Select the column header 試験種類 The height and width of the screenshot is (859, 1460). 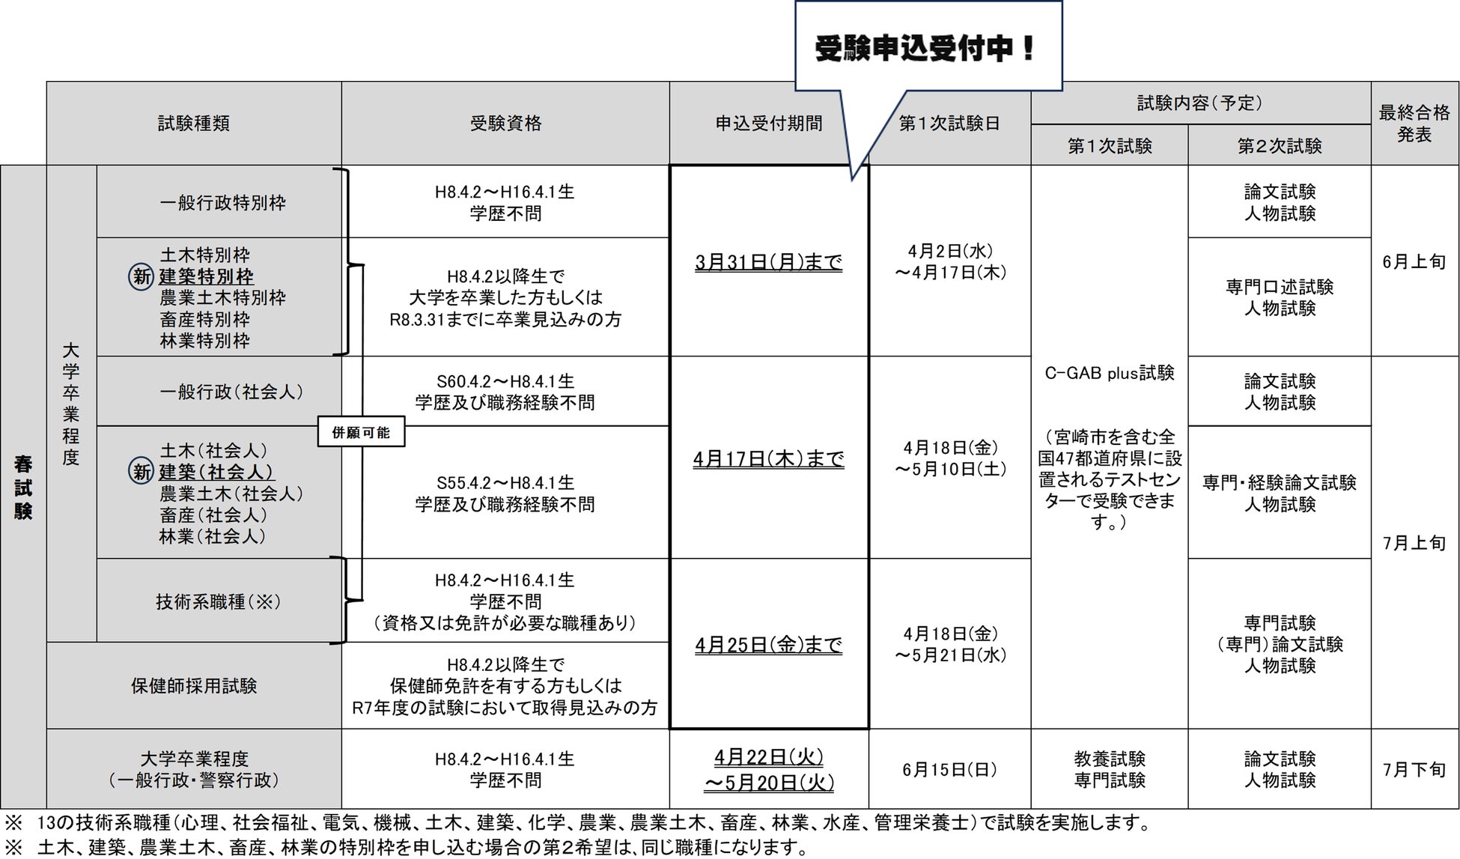coord(193,124)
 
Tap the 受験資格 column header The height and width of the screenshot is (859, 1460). coord(505,124)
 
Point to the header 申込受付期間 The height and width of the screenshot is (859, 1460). coord(768,124)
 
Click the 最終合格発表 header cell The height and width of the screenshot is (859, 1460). coord(1414,124)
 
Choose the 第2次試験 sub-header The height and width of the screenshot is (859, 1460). coord(1279,146)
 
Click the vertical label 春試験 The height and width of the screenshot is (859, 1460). coord(23,487)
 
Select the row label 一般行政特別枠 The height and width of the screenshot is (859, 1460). coord(222,203)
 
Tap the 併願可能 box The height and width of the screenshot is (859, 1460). coord(361,433)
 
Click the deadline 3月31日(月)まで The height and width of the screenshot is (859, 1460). coord(768,263)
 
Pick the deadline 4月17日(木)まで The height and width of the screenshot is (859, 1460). coord(768,458)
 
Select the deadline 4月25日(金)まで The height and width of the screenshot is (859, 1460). coord(768,645)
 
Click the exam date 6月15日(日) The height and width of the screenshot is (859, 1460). coord(949,770)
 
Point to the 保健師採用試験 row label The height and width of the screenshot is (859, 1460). coord(194,686)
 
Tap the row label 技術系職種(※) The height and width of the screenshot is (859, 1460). coord(218,602)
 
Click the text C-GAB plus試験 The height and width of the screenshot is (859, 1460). coord(1109,373)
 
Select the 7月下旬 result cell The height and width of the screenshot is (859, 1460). coord(1414,770)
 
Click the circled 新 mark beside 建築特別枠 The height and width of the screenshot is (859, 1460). coord(142,276)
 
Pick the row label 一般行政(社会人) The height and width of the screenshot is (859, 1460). coord(231,392)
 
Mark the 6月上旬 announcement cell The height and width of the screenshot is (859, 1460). coord(1414,262)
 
